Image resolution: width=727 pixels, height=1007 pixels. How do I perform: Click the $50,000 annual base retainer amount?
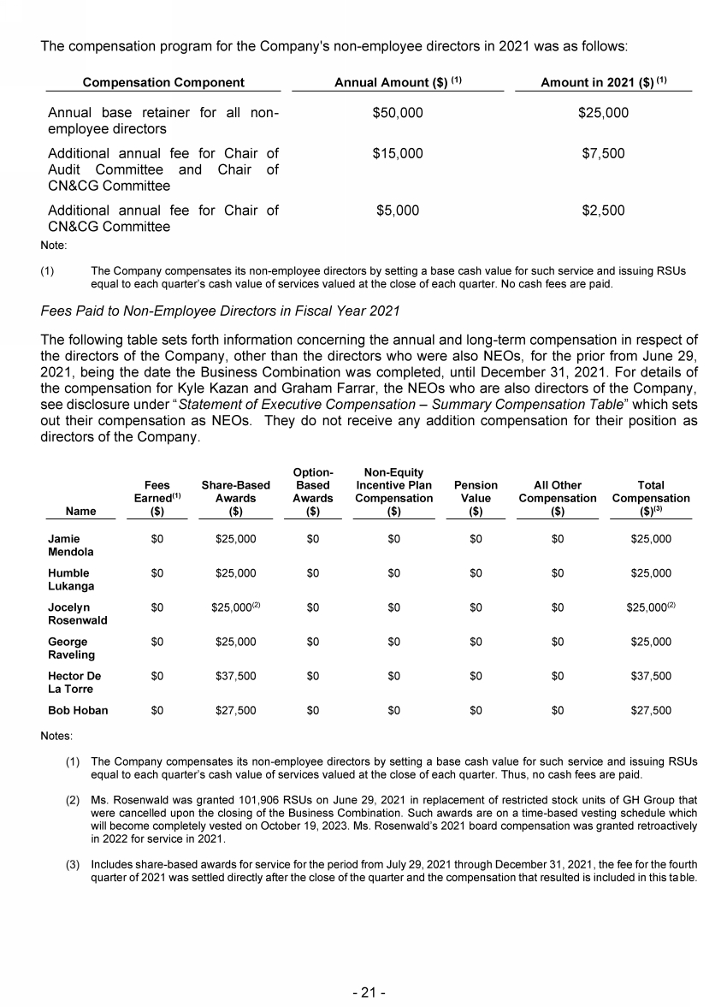pyautogui.click(x=398, y=113)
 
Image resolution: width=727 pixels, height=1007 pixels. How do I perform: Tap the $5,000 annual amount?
pyautogui.click(x=398, y=210)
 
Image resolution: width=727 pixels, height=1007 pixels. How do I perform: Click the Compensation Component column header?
pyautogui.click(x=163, y=83)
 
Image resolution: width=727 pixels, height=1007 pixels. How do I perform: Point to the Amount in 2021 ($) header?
pyautogui.click(x=603, y=83)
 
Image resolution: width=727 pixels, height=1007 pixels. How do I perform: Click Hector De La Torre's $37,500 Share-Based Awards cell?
pyautogui.click(x=235, y=676)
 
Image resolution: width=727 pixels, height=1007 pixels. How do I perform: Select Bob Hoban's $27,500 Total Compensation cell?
pyautogui.click(x=651, y=710)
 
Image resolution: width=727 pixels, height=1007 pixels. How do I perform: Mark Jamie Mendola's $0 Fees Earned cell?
pyautogui.click(x=157, y=539)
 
